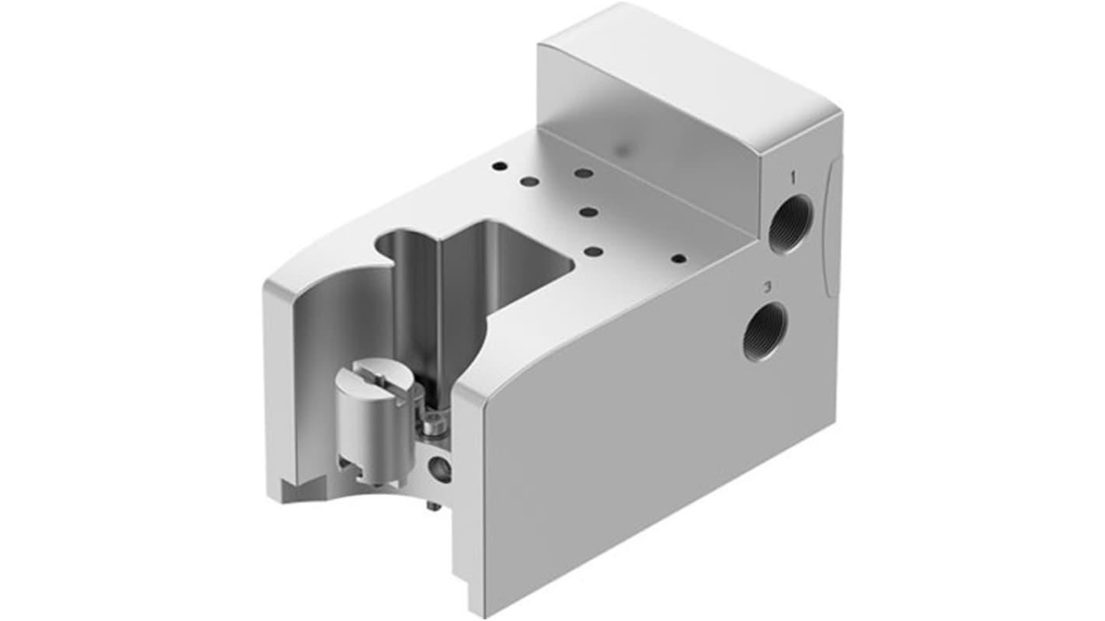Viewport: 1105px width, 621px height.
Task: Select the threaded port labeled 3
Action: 765,332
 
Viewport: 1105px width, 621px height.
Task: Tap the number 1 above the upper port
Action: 793,177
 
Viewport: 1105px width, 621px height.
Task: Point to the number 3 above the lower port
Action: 766,286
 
